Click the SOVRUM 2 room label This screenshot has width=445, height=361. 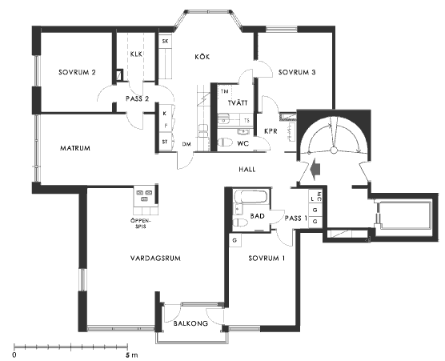point(77,72)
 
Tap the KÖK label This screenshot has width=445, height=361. point(202,57)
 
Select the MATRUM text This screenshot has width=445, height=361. point(75,148)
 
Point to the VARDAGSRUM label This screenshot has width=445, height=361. point(155,259)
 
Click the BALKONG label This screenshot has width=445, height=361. point(190,323)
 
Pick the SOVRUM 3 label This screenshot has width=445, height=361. point(297,72)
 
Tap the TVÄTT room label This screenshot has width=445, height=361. point(238,102)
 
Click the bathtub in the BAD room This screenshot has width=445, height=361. point(251,196)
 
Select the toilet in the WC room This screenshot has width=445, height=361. point(226,142)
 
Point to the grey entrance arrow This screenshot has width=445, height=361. point(315,170)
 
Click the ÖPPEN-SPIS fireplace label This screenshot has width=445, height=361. point(141,223)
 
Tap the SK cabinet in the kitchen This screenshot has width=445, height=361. point(165,41)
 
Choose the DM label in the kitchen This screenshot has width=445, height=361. point(186,144)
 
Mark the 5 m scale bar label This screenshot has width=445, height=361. point(132,355)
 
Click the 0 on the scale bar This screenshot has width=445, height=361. point(14,355)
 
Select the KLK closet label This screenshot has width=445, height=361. point(136,54)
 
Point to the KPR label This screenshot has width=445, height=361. point(271,131)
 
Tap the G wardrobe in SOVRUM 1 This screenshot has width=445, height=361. point(235,240)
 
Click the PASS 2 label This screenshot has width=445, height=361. point(138,98)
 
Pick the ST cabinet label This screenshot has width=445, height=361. point(165,142)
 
